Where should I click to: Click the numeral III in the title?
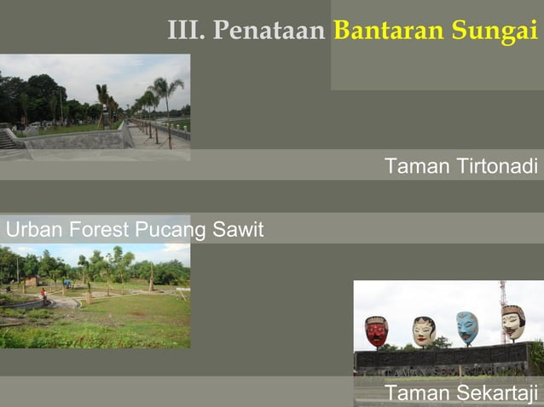tap(184, 32)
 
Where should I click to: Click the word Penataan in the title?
tap(269, 32)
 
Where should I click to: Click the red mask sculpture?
tap(376, 330)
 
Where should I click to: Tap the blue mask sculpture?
tap(466, 327)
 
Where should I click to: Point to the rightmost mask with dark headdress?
tap(512, 322)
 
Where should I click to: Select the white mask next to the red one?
tap(424, 330)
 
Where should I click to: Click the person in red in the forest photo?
tap(43, 295)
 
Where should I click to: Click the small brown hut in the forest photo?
tap(32, 281)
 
